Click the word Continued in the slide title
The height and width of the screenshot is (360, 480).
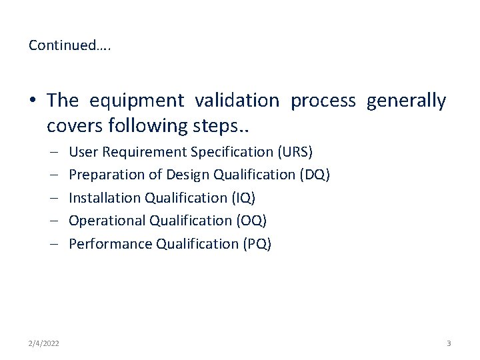(59, 45)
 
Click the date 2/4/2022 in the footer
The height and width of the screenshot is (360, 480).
(44, 343)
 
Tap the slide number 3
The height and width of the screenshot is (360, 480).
(449, 343)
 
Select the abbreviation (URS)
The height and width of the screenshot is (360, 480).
(294, 152)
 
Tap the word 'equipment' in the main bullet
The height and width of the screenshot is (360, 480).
(137, 101)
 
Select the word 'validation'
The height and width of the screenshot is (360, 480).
(237, 101)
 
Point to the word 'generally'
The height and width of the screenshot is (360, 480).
(406, 101)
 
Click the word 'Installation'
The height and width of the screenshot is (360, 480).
(105, 198)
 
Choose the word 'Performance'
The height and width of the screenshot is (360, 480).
(110, 244)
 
